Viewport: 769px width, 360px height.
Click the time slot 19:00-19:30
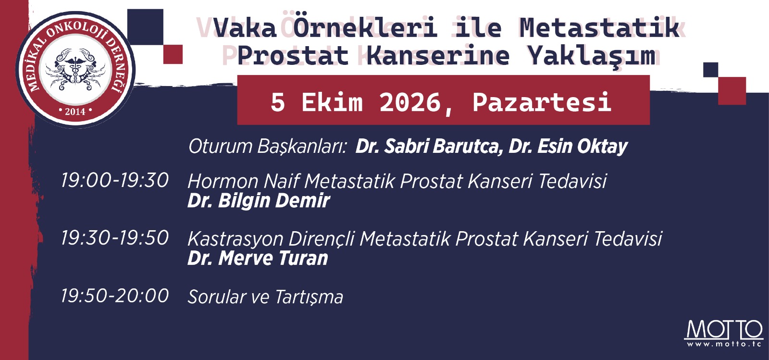[115, 180]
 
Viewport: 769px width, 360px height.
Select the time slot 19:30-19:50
[115, 238]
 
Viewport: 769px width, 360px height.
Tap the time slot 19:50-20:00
[115, 296]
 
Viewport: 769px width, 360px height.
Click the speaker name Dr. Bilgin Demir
[259, 201]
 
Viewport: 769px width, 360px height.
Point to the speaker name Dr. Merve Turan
[258, 258]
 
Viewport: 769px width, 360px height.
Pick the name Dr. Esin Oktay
[569, 147]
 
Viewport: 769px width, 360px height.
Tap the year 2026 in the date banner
[410, 102]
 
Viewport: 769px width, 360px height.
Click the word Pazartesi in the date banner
[542, 102]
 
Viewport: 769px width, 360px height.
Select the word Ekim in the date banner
[332, 102]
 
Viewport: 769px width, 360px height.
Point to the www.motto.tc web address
[724, 344]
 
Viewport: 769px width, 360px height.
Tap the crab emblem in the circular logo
[75, 69]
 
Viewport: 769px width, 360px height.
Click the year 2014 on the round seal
[75, 112]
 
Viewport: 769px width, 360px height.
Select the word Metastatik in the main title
[599, 27]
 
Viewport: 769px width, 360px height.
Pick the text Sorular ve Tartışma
[265, 297]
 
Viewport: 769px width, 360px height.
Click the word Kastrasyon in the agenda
[235, 239]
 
